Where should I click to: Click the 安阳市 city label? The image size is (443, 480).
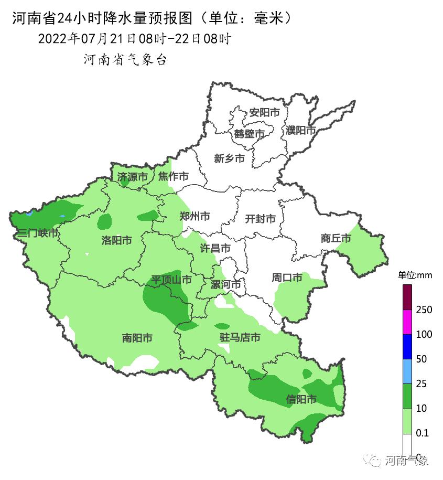(264, 112)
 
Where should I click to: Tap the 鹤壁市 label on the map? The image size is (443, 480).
(249, 134)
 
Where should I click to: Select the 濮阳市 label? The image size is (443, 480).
(301, 130)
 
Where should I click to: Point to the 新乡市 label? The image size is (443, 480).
(229, 158)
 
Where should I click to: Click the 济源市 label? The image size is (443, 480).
(132, 177)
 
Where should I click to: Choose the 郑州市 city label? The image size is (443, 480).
(195, 216)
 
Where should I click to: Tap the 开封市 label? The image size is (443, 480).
(260, 219)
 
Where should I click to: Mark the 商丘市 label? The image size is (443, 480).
(336, 238)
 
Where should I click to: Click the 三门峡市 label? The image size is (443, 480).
(37, 233)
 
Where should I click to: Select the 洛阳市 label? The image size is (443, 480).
(116, 240)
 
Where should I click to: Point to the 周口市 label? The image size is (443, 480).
(287, 278)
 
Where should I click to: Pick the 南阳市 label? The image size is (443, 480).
(137, 338)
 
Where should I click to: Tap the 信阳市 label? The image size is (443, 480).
(301, 399)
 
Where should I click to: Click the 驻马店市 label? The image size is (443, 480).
(239, 337)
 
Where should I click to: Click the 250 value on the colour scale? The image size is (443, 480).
(424, 310)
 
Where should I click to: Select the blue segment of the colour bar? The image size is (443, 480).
(407, 347)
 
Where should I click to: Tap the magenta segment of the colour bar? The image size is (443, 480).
(407, 322)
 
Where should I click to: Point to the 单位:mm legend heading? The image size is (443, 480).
(414, 275)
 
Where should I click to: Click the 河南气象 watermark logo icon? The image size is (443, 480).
(375, 461)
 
